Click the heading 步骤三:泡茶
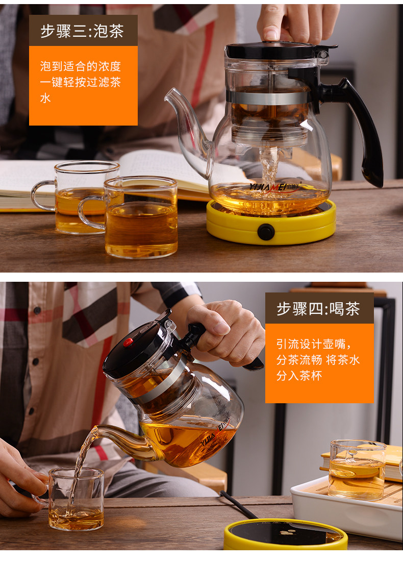tap(82, 31)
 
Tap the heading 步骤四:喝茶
tap(318, 309)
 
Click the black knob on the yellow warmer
tap(266, 232)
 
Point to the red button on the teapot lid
tap(128, 342)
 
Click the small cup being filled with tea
tap(76, 499)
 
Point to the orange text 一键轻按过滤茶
tap(81, 82)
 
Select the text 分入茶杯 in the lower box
tap(299, 376)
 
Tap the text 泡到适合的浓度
tap(81, 66)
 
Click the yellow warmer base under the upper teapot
tap(271, 223)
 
